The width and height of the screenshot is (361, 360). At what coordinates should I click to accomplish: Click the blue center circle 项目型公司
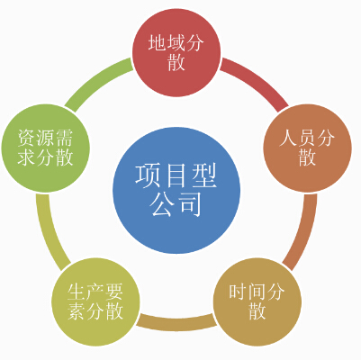click(x=176, y=190)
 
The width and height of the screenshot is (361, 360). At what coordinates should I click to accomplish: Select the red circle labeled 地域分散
click(x=176, y=53)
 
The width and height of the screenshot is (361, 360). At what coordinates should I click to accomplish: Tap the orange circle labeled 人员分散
click(x=307, y=148)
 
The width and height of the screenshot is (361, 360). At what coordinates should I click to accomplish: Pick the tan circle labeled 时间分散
click(x=257, y=301)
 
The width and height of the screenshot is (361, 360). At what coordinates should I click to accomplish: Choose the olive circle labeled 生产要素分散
click(x=95, y=301)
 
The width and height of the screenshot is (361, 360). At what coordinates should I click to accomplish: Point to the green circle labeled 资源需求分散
click(x=46, y=148)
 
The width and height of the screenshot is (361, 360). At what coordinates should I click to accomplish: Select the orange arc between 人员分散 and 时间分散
click(x=303, y=232)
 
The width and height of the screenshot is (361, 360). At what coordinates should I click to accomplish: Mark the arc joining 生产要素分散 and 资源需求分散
click(x=50, y=232)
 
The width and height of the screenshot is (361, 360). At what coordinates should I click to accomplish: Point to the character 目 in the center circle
click(x=176, y=176)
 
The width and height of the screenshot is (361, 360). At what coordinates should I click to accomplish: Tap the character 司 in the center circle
click(x=190, y=204)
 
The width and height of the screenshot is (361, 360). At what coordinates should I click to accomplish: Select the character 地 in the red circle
click(x=158, y=42)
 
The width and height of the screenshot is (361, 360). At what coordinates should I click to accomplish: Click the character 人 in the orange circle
click(x=288, y=138)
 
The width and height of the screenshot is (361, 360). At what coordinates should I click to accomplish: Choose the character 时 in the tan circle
click(x=239, y=292)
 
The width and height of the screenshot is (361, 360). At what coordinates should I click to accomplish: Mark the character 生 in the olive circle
click(x=77, y=292)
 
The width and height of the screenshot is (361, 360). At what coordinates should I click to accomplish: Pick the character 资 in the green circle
click(x=27, y=138)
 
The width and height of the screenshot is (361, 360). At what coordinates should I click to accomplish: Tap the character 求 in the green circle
click(x=27, y=157)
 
